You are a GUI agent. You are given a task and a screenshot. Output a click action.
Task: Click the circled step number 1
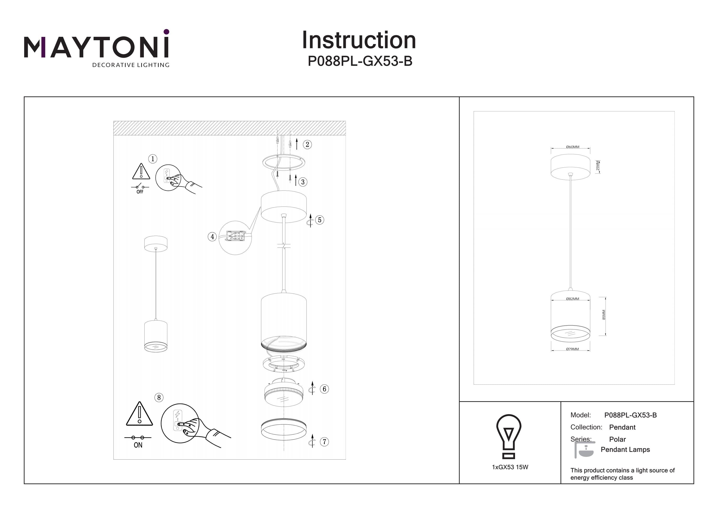tap(153, 159)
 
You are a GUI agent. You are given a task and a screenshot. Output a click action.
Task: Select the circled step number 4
tap(212, 237)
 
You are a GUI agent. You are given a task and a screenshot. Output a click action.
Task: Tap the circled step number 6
tap(324, 389)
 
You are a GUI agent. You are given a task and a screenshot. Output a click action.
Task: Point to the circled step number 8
tap(159, 398)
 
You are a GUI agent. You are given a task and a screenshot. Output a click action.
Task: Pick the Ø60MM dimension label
tap(572, 147)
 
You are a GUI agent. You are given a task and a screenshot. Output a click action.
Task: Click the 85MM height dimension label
tap(604, 315)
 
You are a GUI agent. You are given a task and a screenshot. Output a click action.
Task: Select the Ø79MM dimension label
tap(572, 349)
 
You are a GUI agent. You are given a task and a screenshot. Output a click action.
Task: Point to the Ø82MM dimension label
tap(572, 299)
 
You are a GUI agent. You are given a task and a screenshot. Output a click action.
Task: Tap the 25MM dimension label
tap(598, 166)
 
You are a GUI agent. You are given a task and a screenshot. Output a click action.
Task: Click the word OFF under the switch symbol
tap(140, 192)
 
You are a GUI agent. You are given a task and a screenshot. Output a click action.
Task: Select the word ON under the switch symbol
tap(138, 445)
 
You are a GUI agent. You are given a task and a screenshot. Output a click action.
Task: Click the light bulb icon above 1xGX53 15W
tap(509, 436)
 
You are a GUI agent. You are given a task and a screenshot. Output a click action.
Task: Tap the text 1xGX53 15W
tap(510, 467)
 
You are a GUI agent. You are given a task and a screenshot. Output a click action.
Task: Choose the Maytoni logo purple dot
tap(166, 32)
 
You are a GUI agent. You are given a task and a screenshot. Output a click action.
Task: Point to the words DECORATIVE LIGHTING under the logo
tap(131, 65)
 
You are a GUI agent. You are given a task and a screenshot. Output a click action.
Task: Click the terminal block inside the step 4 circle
tap(236, 236)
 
